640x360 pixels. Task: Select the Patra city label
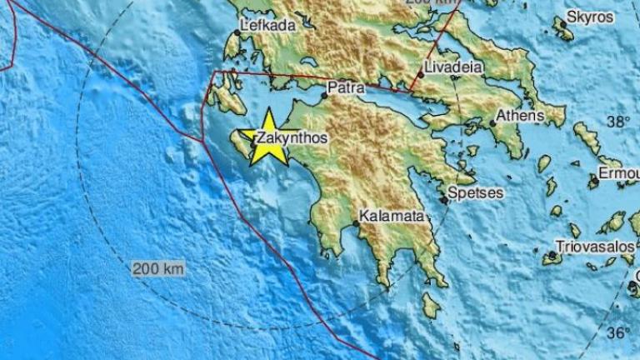344,86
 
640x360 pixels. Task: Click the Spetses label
475,192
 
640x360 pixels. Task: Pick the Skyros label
590,16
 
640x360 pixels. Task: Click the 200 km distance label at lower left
157,269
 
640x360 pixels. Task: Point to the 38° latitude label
617,122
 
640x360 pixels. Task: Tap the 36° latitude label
617,332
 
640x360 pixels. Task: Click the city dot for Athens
492,123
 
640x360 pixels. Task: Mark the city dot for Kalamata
356,224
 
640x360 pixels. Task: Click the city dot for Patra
324,94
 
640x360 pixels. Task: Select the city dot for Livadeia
422,74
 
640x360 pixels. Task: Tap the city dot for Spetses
443,199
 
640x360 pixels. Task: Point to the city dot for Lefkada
237,32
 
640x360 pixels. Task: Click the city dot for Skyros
563,24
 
